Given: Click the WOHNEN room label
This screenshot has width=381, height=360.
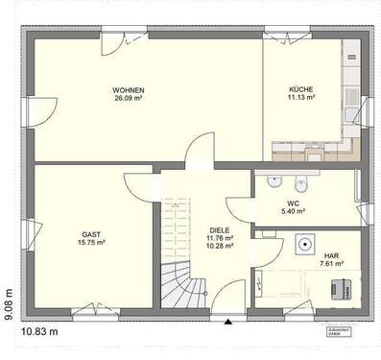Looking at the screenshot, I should [128, 89].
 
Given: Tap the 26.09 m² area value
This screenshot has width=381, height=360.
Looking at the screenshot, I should [128, 98].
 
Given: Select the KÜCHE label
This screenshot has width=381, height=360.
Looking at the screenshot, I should [301, 89].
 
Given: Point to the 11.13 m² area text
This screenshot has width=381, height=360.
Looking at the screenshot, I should [301, 98].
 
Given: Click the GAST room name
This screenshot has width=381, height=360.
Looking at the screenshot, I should [91, 234].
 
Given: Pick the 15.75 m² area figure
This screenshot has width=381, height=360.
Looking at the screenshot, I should [91, 243].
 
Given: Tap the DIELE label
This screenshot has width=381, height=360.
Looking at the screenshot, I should [221, 230].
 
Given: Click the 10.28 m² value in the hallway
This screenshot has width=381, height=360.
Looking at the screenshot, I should [221, 247].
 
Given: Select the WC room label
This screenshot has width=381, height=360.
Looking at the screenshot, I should [294, 204].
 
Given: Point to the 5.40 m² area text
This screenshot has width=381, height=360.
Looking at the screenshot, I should [294, 211].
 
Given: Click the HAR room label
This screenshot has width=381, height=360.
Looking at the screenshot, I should [332, 254].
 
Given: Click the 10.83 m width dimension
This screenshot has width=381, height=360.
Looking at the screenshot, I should [39, 331].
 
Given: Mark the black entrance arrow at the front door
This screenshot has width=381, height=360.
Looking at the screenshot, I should [227, 320].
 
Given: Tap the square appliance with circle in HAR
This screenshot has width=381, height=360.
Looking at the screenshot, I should [304, 244].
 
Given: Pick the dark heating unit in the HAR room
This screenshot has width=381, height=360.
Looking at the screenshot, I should [339, 285].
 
